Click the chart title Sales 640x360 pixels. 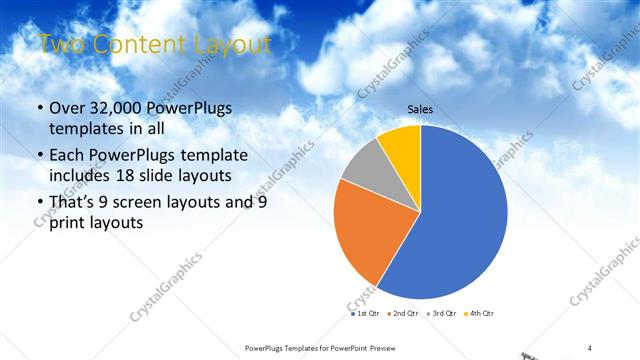coord(419,110)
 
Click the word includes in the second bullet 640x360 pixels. coord(82,176)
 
